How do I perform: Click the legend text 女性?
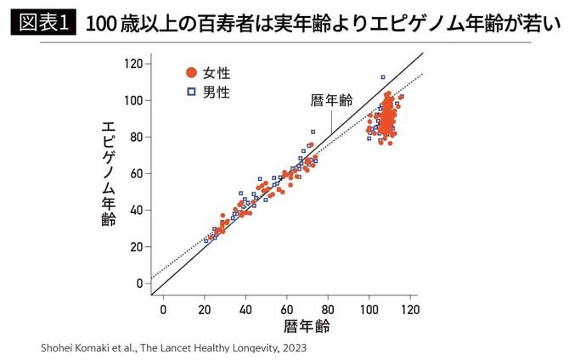(216, 73)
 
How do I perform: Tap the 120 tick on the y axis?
(132, 64)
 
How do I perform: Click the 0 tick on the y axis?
(139, 283)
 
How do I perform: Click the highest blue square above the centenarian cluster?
(383, 77)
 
